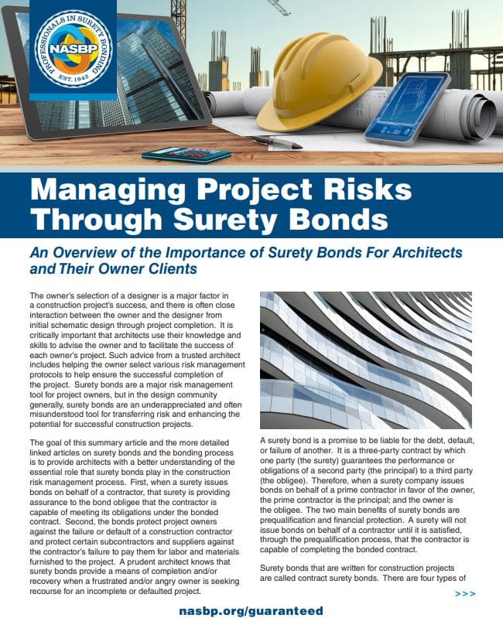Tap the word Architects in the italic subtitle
[423, 253]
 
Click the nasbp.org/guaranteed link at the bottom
[251, 610]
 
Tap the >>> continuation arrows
[466, 593]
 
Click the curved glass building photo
[365, 360]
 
